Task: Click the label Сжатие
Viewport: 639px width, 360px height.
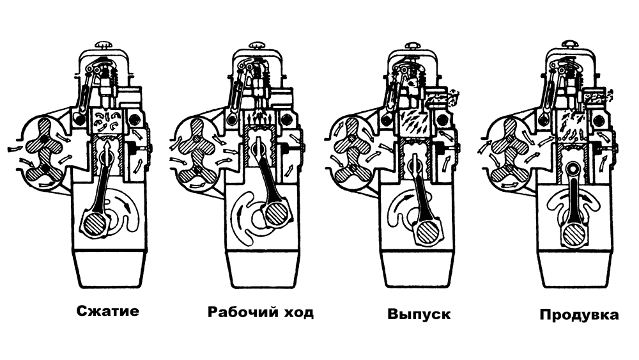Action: click(107, 311)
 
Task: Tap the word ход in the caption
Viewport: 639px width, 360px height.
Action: click(298, 313)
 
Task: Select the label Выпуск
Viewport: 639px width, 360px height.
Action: click(419, 315)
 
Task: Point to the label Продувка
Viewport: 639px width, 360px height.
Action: click(579, 315)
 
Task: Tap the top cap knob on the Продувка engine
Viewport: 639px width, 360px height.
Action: click(571, 43)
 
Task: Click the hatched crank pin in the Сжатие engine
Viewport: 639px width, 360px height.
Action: click(94, 222)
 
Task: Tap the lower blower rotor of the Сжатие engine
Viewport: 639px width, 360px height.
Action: click(43, 170)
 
